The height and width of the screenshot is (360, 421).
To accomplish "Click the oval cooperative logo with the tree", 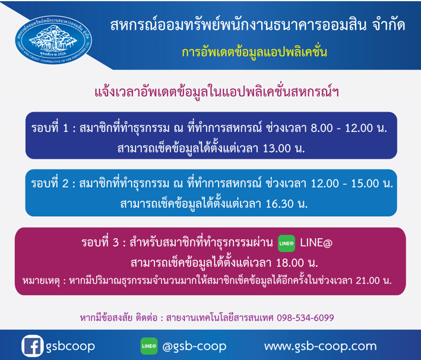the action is [53, 40].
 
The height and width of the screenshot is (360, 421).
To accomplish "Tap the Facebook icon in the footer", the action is [32, 346].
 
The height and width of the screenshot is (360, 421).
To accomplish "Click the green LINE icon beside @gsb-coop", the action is [149, 346].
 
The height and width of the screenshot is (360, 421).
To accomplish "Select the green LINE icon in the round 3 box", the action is [286, 244].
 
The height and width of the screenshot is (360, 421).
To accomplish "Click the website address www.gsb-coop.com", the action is [320, 346].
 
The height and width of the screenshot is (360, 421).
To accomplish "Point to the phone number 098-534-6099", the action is [305, 318].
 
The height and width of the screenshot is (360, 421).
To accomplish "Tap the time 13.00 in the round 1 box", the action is [277, 149].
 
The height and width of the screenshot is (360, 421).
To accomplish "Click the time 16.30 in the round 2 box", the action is [280, 204].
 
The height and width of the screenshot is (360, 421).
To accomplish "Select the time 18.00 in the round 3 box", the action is [290, 263].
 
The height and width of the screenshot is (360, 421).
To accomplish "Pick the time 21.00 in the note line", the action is [368, 281].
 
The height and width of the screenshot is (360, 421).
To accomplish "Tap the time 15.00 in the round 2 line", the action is [365, 184].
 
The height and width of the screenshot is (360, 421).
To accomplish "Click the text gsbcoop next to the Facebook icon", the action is [70, 346].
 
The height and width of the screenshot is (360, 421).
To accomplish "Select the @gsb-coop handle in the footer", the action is [194, 346].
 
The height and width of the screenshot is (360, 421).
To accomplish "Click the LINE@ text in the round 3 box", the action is [316, 243].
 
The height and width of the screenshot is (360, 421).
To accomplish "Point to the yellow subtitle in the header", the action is [254, 52].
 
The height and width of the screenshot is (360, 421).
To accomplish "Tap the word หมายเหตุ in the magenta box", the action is [41, 281].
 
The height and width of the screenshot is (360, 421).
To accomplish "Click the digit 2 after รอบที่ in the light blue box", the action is [65, 184].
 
